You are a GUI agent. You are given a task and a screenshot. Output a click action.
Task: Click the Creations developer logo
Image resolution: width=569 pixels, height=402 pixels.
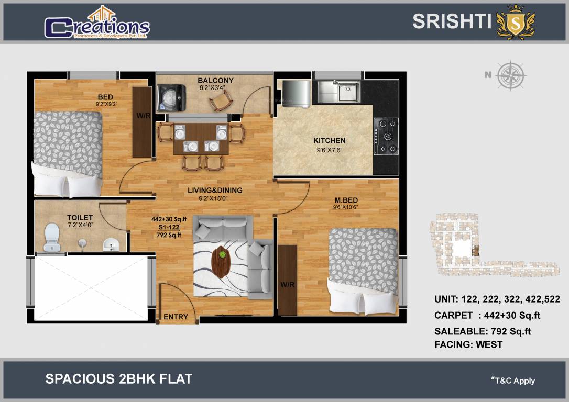click(x=97, y=23)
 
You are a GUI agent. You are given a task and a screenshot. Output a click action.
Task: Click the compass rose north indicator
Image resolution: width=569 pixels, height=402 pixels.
click(x=511, y=75)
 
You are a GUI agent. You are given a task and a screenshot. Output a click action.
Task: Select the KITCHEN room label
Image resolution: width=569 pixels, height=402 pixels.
click(x=329, y=140)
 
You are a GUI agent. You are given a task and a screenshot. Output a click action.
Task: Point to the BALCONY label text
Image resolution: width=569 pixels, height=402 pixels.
click(x=215, y=81)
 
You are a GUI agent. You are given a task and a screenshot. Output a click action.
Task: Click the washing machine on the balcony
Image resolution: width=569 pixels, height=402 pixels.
click(x=171, y=97)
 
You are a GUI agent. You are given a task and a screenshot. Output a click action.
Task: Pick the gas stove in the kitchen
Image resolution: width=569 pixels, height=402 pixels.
click(x=386, y=136)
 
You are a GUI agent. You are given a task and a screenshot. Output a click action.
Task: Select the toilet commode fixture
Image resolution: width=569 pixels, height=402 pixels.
click(x=52, y=237)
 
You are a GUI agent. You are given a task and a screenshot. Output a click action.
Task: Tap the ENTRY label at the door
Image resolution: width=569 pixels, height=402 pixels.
click(x=176, y=317)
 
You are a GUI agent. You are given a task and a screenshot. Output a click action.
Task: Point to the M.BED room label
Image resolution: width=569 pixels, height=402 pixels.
click(x=346, y=200)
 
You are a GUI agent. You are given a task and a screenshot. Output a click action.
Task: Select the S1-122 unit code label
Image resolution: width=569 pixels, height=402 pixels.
click(x=169, y=227)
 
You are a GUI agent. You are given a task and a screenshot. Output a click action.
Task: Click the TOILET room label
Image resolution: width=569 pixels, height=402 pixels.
click(x=80, y=218)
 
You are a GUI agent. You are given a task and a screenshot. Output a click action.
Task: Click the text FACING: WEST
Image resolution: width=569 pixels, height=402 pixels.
click(x=468, y=344)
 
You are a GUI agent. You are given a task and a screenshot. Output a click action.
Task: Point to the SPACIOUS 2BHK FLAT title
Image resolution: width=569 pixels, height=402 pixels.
click(x=119, y=379)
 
